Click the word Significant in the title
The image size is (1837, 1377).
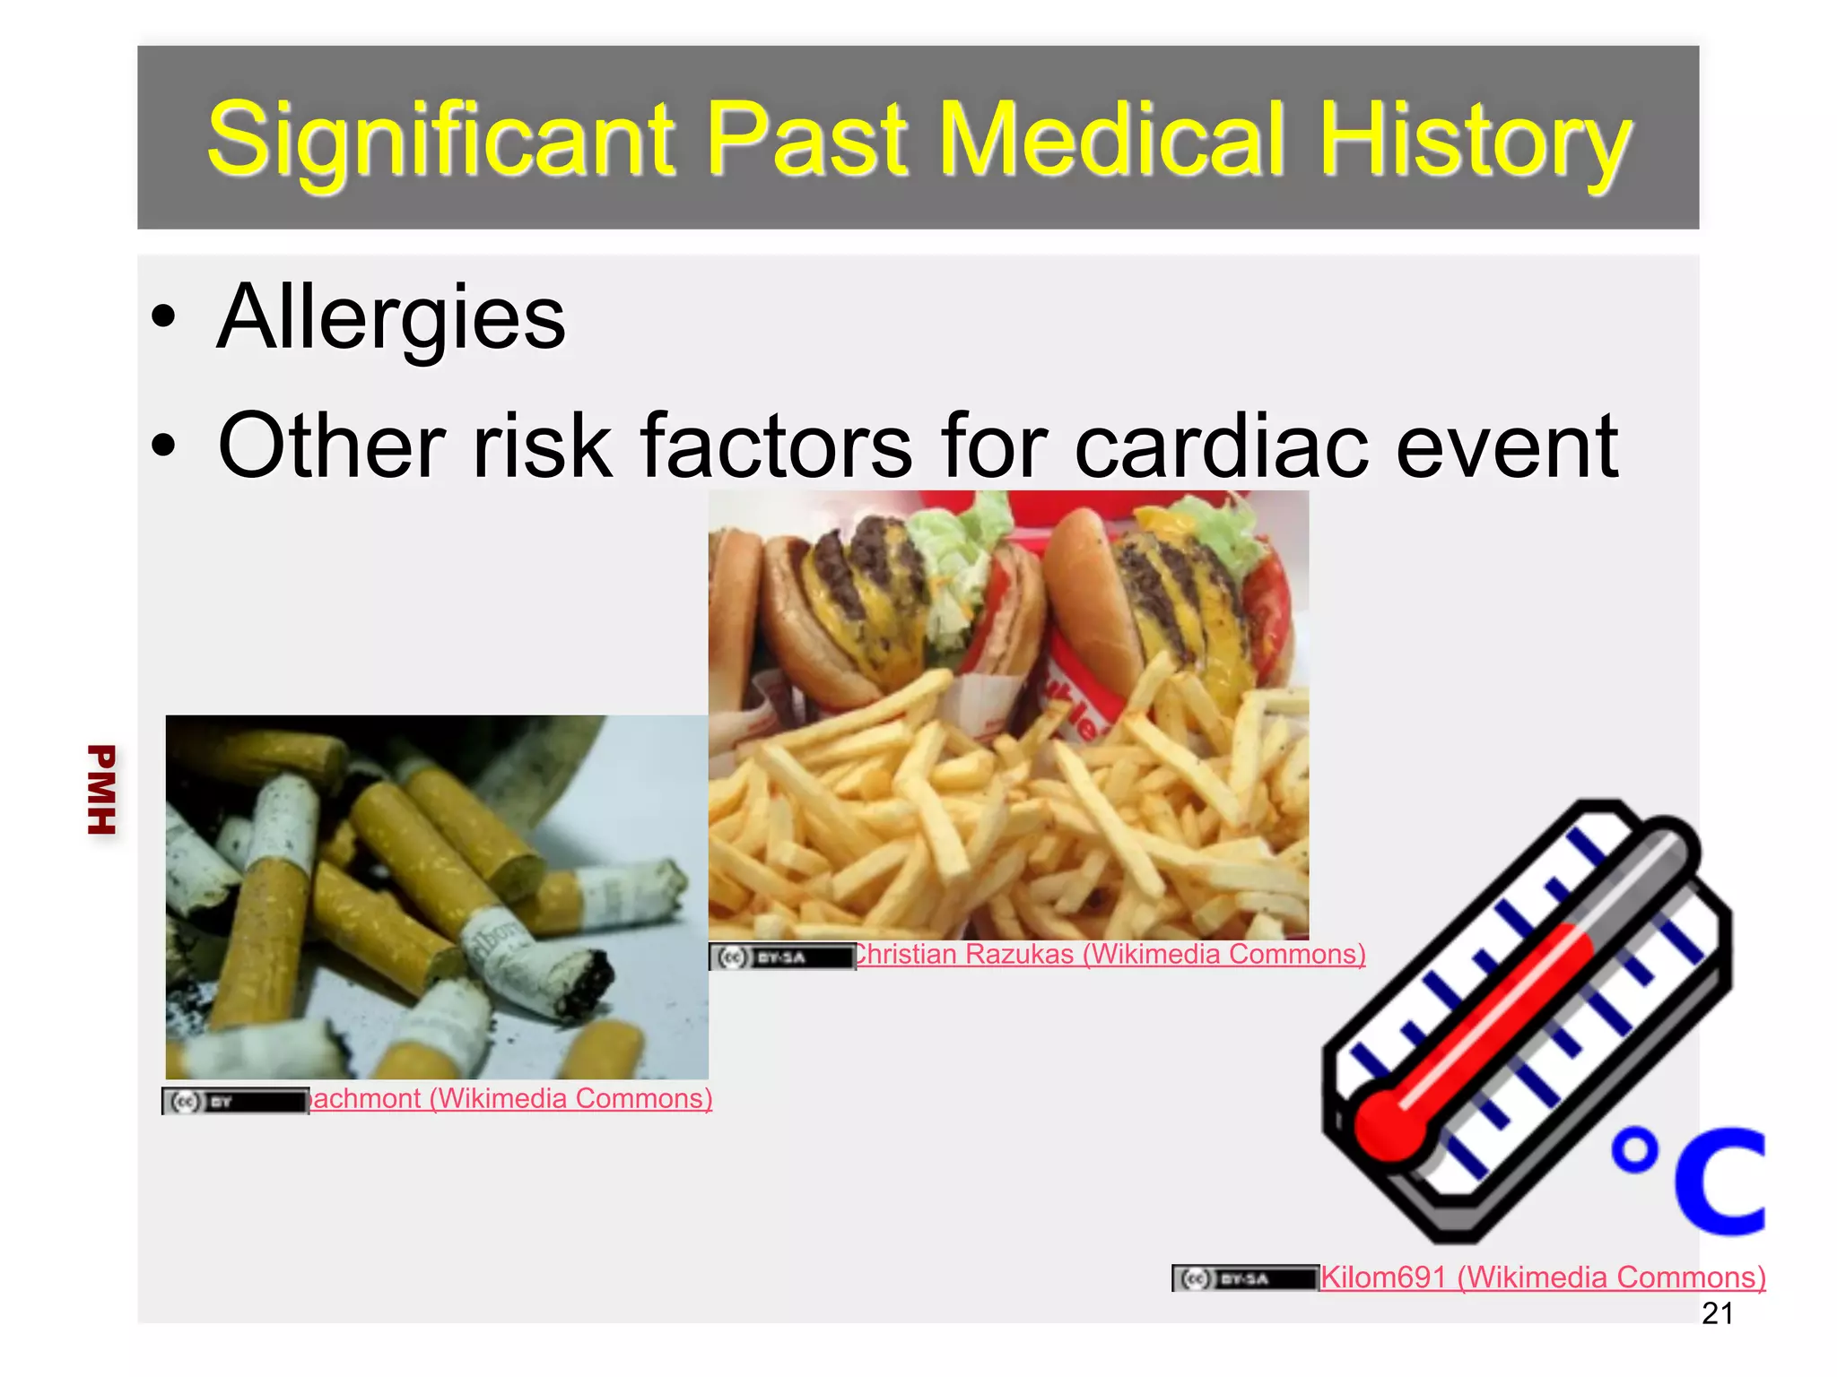pos(440,139)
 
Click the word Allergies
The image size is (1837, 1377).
pos(391,317)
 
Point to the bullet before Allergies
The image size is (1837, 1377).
pos(164,316)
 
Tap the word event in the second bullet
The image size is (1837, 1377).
pos(1506,446)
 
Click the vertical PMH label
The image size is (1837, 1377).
pos(101,789)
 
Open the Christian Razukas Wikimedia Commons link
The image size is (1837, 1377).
pos(1110,954)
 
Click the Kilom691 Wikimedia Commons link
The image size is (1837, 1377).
pos(1543,1277)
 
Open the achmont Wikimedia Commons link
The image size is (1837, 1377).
pos(510,1098)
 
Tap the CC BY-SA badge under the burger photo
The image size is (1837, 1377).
pos(781,957)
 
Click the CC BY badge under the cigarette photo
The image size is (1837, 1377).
pos(235,1101)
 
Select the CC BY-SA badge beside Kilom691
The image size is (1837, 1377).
pos(1244,1278)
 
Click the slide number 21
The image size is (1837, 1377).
pos(1717,1313)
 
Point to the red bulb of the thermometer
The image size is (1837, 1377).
pos(1389,1126)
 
